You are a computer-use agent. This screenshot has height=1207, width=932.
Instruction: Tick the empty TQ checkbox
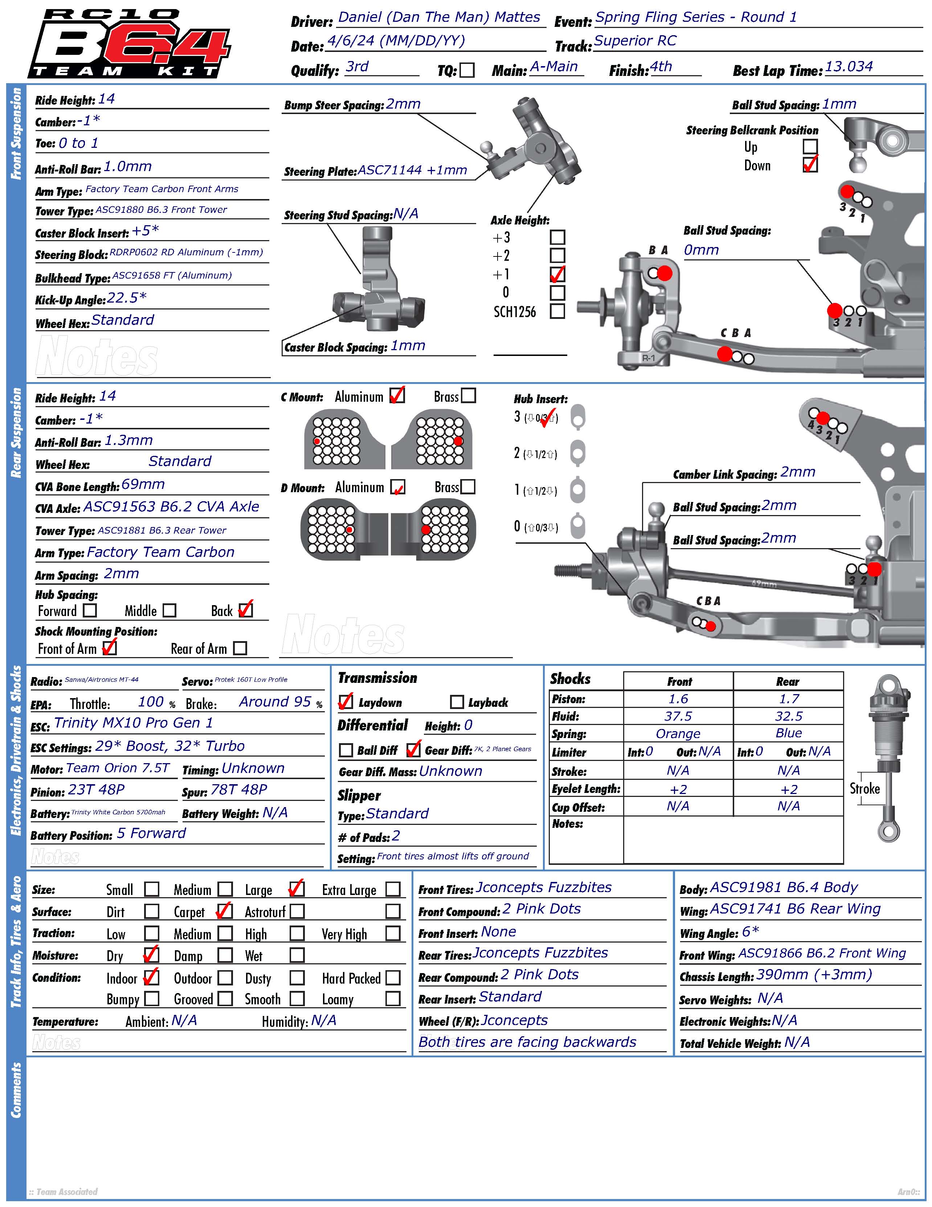(467, 70)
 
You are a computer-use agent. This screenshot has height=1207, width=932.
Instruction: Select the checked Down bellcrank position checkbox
(810, 165)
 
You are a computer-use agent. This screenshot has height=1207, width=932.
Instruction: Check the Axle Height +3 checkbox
(558, 237)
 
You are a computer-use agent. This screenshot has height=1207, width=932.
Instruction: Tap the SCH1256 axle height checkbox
(558, 311)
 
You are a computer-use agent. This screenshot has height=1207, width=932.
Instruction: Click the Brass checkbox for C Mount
(468, 396)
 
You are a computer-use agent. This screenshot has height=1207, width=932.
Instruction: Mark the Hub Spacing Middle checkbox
(169, 610)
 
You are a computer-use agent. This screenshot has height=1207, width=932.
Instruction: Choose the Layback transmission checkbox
(457, 702)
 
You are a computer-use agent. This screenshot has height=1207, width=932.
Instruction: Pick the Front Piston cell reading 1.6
(678, 699)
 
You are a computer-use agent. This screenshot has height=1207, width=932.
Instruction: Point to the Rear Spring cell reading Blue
(788, 733)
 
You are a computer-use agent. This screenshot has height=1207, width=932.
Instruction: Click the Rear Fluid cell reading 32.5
(788, 716)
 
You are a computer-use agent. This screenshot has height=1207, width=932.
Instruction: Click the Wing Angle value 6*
(750, 932)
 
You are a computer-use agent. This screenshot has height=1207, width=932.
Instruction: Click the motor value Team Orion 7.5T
(118, 768)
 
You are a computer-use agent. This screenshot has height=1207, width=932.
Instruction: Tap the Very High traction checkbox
(393, 933)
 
